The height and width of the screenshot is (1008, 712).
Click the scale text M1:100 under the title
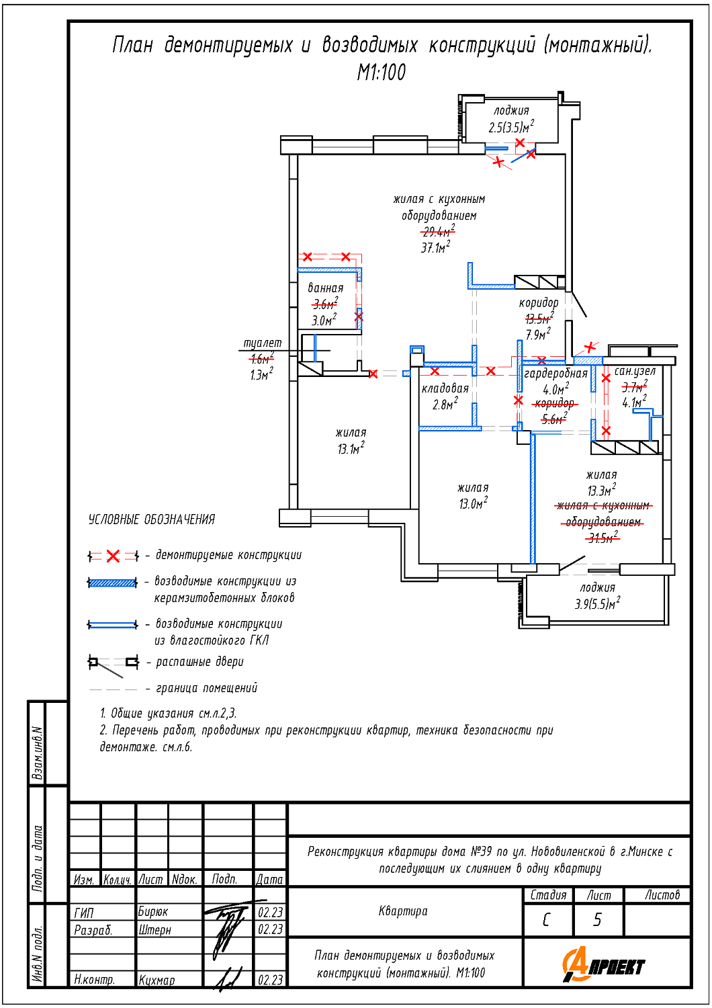coord(382,73)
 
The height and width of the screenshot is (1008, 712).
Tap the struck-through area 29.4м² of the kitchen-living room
coord(438,231)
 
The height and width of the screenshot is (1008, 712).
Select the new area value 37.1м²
coord(435,247)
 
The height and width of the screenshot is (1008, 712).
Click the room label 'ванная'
coord(326,288)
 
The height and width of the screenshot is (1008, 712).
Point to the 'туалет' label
coord(262,343)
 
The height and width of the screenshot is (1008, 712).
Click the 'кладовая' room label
coord(445,388)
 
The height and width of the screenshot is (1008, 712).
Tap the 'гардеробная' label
coord(556,374)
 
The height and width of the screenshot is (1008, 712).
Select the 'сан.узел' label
coord(635,371)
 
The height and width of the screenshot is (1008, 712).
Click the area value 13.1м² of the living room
coord(351,448)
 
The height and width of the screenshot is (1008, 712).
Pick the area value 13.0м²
coord(473,503)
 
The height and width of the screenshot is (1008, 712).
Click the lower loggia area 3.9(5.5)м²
coord(597,603)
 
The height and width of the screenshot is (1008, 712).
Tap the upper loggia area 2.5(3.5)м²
coord(511,127)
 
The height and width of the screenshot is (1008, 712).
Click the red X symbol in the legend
coord(113,556)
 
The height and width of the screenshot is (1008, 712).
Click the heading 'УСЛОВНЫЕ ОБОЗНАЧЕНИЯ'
coord(152,519)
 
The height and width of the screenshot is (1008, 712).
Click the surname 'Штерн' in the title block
coord(154,929)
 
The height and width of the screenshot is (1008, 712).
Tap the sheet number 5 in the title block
coord(597,920)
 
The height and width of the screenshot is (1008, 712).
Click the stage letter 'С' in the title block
coord(547,920)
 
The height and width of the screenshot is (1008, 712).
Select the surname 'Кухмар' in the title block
coord(157,980)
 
